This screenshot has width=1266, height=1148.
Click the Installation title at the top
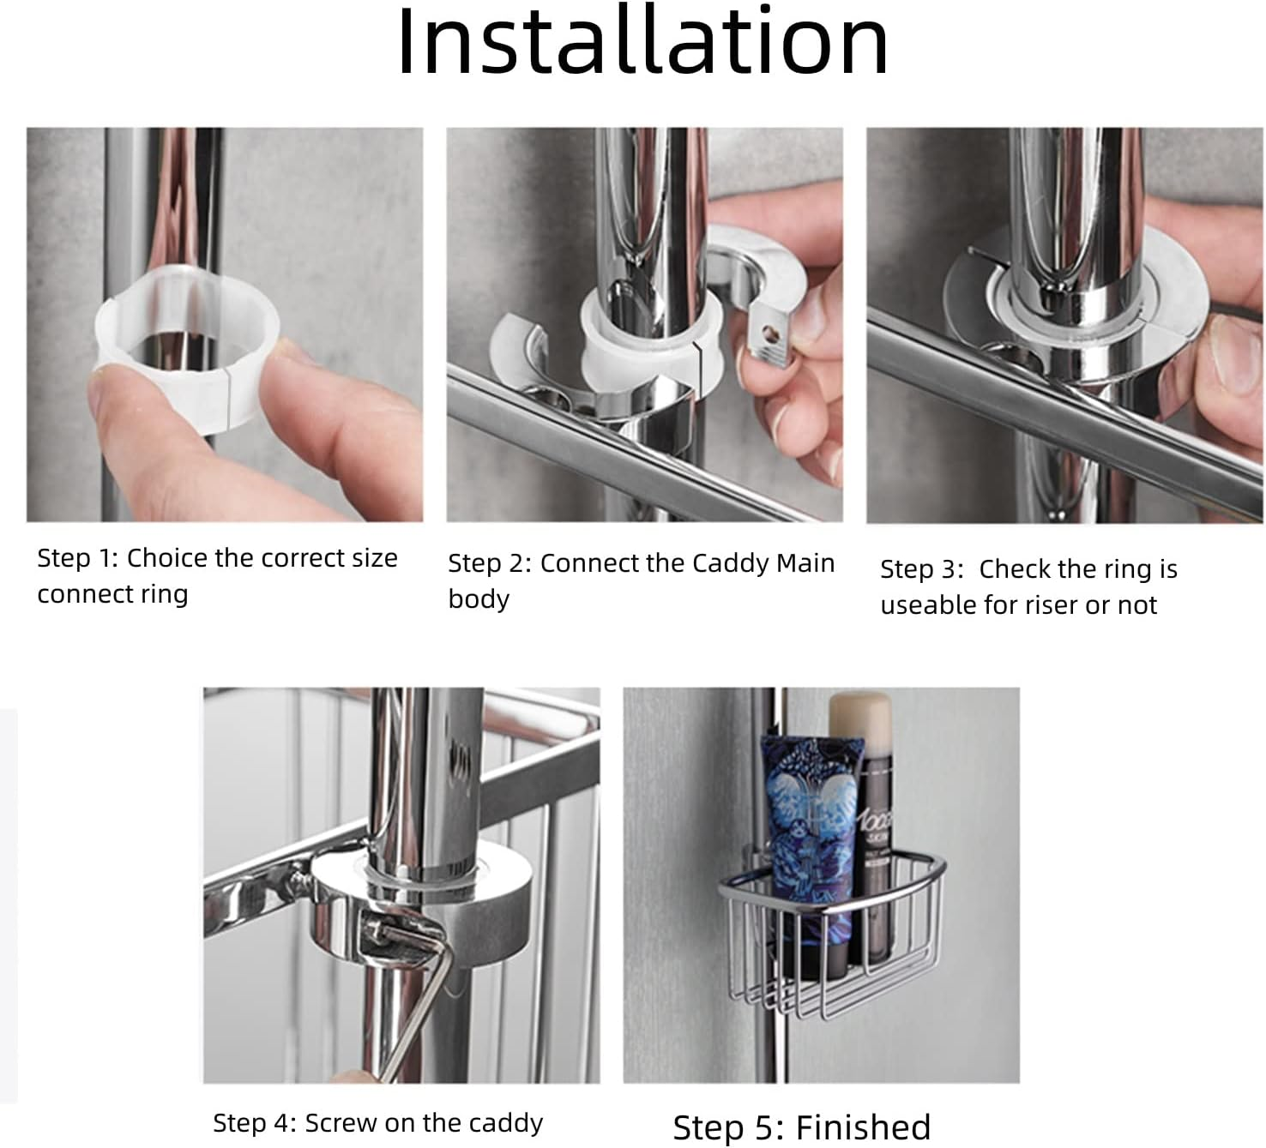(642, 43)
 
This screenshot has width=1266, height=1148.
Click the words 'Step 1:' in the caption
(78, 558)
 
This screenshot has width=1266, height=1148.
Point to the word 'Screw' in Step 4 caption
(341, 1122)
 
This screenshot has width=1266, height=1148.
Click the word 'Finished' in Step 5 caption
(863, 1127)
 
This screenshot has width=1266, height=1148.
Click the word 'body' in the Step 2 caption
(479, 599)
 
